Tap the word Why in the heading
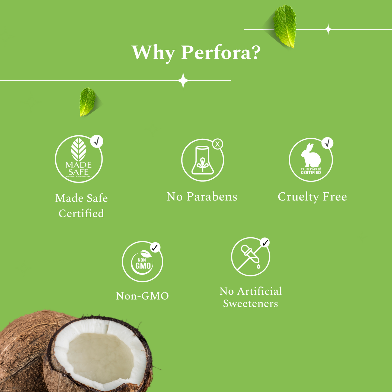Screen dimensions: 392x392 153,53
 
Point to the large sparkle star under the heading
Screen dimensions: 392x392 183,81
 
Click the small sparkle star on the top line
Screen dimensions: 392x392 328,29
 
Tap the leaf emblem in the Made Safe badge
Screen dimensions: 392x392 79,150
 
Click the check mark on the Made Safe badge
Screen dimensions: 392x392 97,141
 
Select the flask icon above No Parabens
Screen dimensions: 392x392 202,161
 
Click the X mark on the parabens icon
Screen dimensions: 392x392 217,144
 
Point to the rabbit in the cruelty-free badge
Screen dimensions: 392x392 311,156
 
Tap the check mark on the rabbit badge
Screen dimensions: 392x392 327,143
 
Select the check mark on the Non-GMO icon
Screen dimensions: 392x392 155,247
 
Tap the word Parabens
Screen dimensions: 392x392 212,197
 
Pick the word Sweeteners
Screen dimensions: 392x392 250,304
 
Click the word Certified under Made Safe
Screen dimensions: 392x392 81,213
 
